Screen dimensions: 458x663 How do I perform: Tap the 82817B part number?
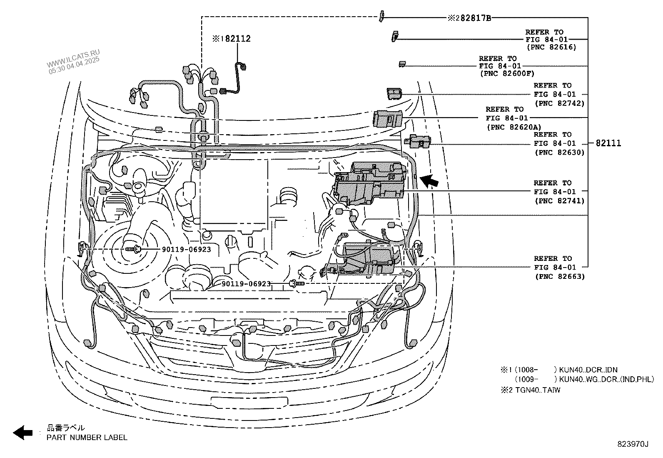coord(475,18)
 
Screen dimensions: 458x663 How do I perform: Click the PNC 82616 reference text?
coord(551,47)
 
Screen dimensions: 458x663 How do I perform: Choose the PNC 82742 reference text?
coord(559,103)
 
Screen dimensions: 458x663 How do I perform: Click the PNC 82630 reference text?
coord(559,153)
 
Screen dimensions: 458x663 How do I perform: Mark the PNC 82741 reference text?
coord(559,201)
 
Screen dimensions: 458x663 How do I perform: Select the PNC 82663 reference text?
coord(559,276)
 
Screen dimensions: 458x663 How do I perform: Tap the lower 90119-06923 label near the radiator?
coord(246,284)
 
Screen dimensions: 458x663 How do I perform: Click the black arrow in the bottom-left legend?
coord(22,433)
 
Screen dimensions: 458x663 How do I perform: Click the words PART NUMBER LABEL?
coord(87,438)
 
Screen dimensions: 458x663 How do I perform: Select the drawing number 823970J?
coord(633,444)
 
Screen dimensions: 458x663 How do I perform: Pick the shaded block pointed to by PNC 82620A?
coord(388,118)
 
